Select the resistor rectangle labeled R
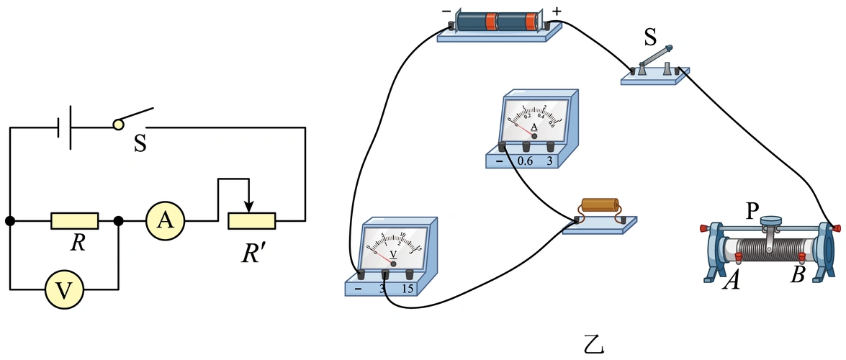(74, 221)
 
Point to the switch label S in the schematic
(140, 144)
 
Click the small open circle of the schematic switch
(119, 125)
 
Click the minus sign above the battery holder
(446, 12)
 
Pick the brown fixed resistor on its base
(598, 205)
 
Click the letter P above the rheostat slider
(752, 210)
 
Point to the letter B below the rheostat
(797, 275)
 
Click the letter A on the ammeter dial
(534, 127)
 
